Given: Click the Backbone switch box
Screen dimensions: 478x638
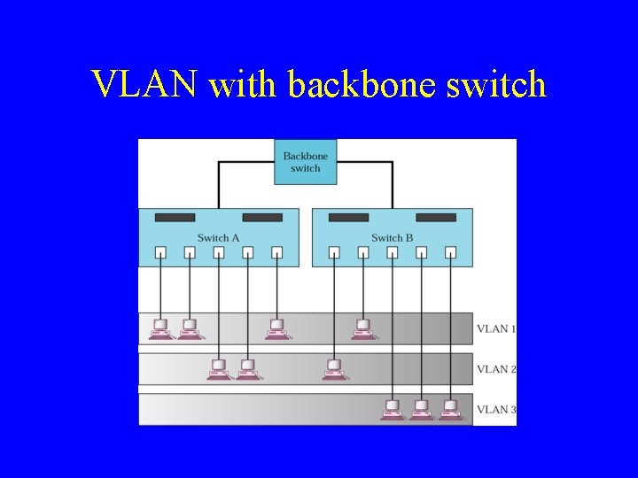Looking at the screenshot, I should (305, 162).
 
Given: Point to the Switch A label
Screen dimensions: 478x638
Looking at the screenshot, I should (218, 238).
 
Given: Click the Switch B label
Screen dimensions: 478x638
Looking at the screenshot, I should (392, 238).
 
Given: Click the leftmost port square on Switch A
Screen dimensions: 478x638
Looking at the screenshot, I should (160, 252).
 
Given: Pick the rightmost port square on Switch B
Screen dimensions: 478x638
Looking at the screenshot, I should (450, 252).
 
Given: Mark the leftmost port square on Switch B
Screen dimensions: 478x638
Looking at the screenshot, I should (334, 252).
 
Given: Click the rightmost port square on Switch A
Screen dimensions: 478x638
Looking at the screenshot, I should (276, 252).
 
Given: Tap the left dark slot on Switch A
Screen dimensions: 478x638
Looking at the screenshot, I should (175, 218).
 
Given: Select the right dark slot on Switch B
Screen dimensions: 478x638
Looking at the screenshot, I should (436, 218).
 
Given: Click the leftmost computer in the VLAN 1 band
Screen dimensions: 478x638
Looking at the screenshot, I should (160, 329).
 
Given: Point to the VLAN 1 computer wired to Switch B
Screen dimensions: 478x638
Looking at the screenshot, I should (362, 329).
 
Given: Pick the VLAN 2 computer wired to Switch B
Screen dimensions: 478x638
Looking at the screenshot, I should (334, 369).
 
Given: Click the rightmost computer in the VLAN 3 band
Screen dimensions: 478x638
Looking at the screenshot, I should (450, 409).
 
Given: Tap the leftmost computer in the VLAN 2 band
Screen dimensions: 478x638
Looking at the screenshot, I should (219, 369).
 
